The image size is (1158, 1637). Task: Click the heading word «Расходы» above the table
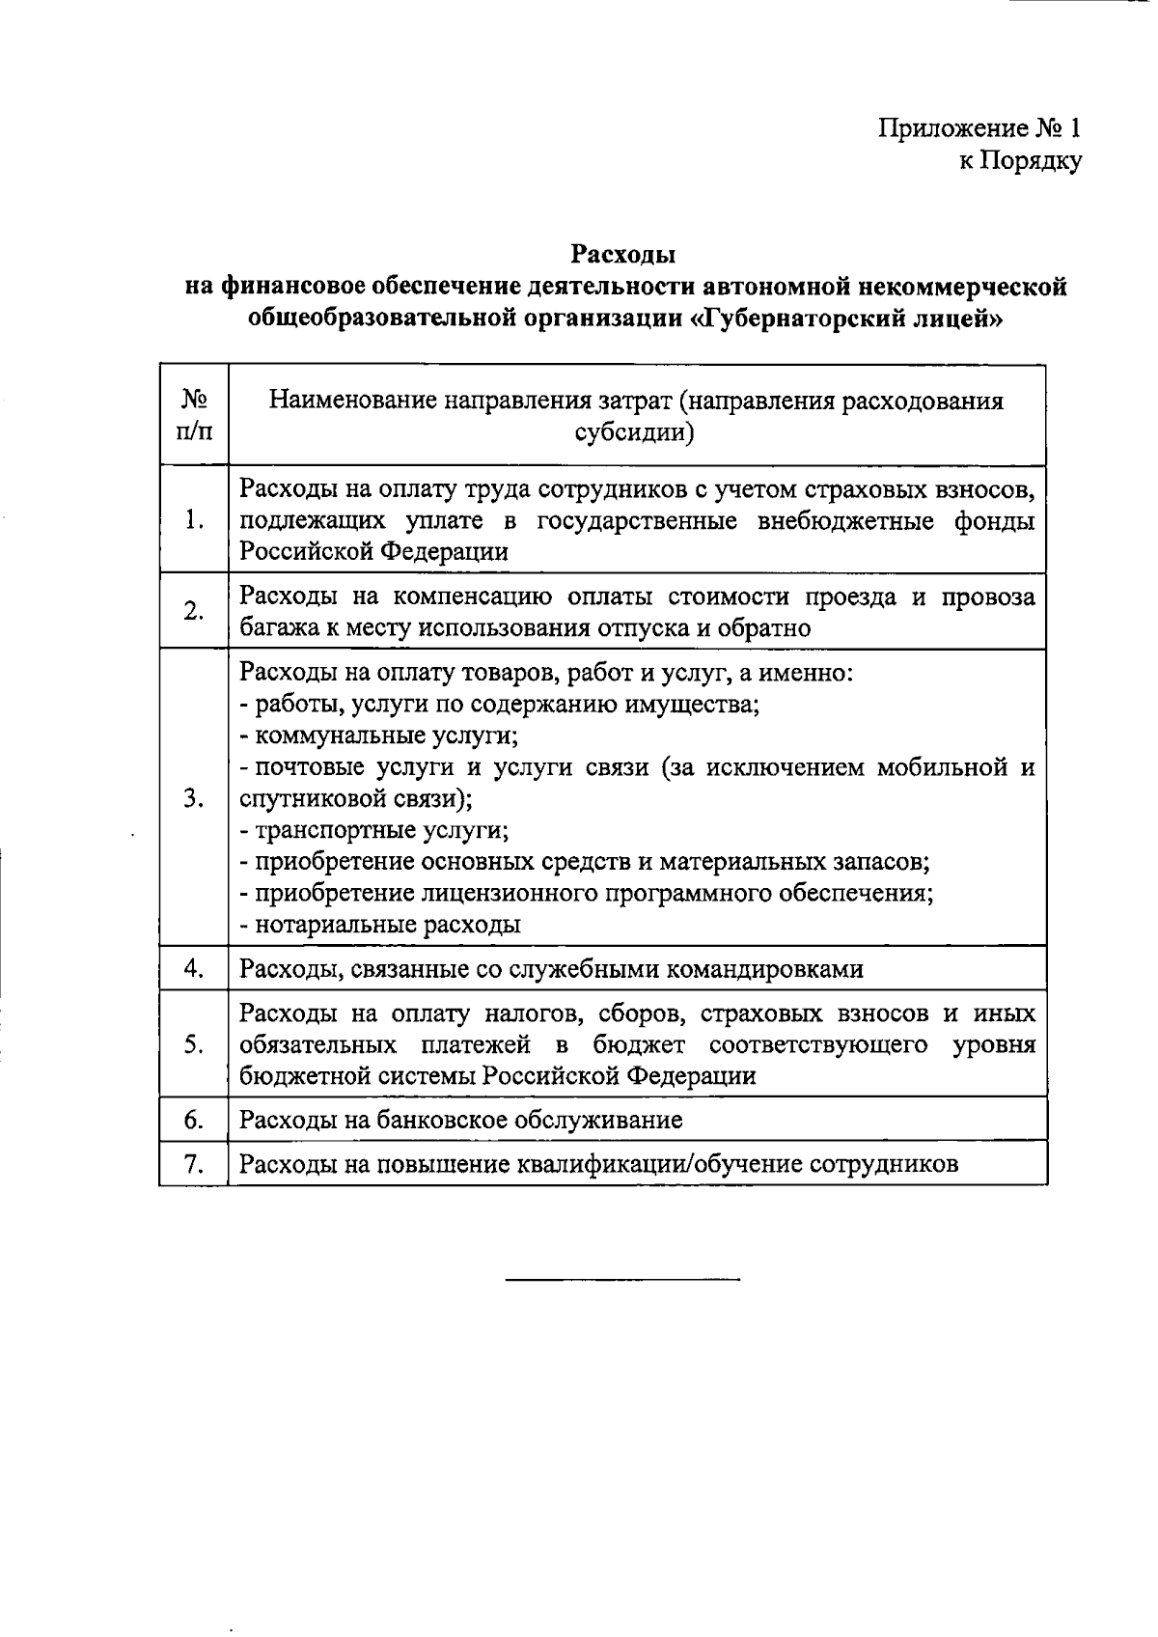point(622,255)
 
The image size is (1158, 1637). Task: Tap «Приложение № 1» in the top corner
point(979,128)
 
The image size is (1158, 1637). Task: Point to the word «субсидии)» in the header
point(635,433)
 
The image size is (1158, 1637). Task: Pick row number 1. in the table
point(195,520)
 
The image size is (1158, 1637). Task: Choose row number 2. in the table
point(195,612)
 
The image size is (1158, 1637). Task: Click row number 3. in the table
point(195,798)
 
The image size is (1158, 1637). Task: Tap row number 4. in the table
point(195,968)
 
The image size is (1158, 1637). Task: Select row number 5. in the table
point(195,1044)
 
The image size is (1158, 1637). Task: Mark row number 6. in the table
point(195,1119)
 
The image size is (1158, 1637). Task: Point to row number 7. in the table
point(195,1164)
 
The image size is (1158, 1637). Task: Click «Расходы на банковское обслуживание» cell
point(461,1120)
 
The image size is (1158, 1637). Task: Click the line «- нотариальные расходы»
point(380,925)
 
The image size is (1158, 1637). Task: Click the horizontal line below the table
point(622,1280)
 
